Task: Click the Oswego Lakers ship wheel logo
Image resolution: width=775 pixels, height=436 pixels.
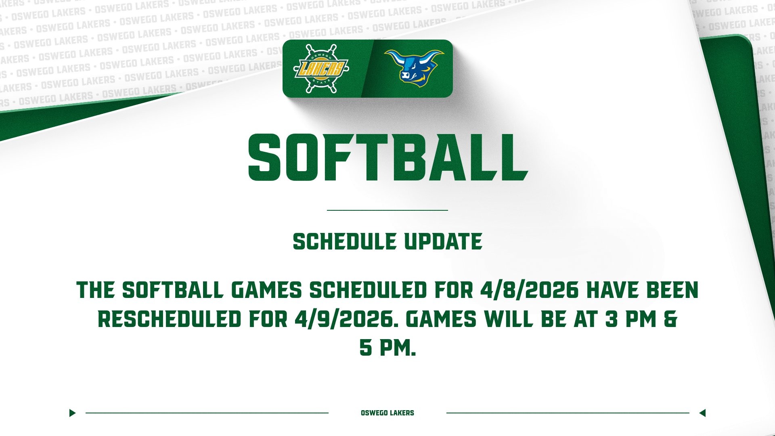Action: coord(321,69)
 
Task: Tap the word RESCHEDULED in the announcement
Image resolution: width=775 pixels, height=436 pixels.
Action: coord(169,319)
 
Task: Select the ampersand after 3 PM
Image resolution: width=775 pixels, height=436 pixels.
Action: coord(670,319)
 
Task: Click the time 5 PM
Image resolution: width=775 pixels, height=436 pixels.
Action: coord(387,348)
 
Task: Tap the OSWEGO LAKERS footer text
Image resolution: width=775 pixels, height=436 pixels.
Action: coord(387,413)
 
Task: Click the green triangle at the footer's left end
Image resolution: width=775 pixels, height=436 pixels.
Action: coord(72,413)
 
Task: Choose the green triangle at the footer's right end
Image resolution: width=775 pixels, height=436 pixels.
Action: coord(702,413)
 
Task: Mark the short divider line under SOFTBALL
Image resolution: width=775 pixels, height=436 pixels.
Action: coord(387,210)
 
